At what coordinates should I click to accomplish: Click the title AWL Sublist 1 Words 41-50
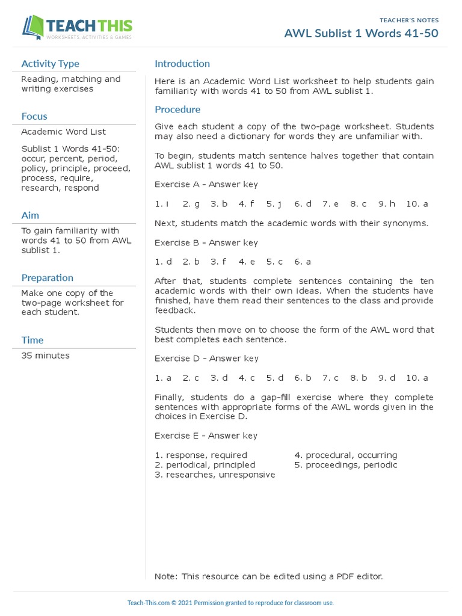(x=361, y=33)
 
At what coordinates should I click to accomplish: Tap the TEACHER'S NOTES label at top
(x=409, y=20)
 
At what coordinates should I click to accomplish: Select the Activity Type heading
(x=50, y=64)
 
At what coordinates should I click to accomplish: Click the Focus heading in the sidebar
(x=34, y=116)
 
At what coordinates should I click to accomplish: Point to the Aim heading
(x=30, y=215)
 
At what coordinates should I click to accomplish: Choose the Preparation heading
(x=48, y=278)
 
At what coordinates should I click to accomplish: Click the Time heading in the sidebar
(x=32, y=340)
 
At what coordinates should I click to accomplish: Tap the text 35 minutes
(x=46, y=356)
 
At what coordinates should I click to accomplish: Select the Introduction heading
(x=182, y=64)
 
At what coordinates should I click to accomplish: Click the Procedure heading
(x=177, y=109)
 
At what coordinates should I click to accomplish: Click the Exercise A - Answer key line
(x=206, y=185)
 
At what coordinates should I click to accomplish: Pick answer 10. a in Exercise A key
(x=417, y=204)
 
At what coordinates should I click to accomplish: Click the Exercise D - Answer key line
(x=206, y=359)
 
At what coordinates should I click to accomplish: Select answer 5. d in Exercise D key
(x=275, y=378)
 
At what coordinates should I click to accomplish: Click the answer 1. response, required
(x=201, y=455)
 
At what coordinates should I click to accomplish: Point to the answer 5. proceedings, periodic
(x=346, y=465)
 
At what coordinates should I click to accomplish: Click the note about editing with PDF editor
(x=268, y=576)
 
